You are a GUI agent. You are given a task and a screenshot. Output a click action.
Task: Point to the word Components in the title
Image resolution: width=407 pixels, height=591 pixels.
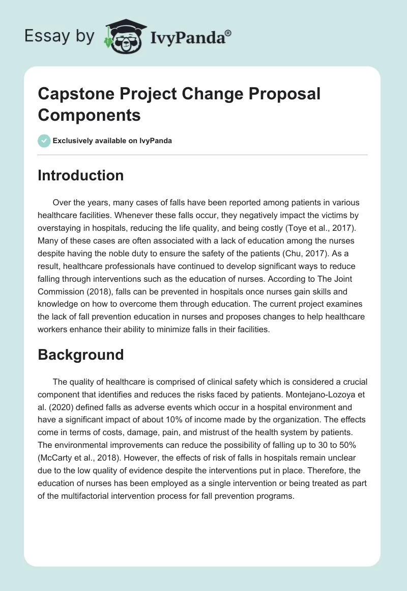[89, 115]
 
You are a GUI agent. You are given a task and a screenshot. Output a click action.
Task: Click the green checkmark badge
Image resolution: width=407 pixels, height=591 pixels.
[44, 141]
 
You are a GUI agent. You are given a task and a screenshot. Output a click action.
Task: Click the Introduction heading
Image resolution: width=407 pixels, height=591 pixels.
[80, 175]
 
